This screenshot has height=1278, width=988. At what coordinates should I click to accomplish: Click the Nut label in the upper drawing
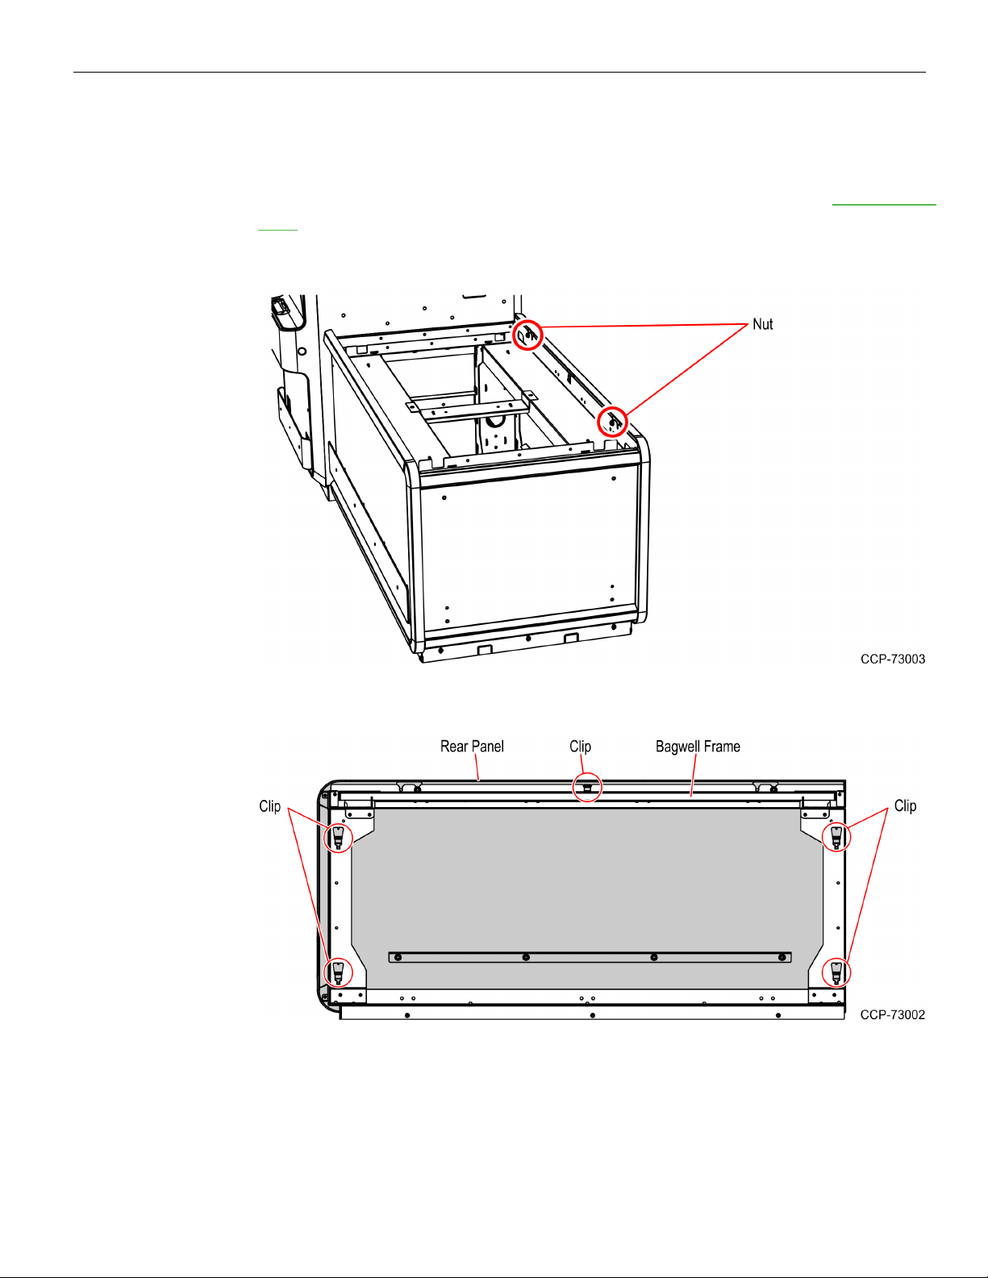pos(762,324)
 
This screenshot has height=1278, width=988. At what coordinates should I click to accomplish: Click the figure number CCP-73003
pos(893,660)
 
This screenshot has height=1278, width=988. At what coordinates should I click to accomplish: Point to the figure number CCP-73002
pos(893,1014)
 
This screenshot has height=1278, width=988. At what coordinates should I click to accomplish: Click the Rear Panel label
pos(472,747)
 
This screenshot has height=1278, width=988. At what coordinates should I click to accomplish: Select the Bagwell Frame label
pos(698,747)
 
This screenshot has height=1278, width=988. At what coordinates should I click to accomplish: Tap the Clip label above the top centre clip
pos(580,747)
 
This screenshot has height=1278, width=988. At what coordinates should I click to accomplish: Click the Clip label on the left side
pos(270,806)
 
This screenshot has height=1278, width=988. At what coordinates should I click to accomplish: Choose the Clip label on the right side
pos(905,806)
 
